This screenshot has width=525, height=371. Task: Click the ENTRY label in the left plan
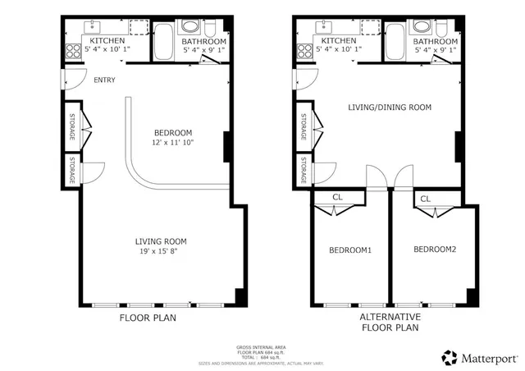pos(104,80)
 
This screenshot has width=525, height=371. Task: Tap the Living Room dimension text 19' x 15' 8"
pos(161,251)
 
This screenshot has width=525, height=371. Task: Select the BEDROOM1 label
pos(350,250)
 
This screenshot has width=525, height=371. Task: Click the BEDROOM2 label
pos(434,250)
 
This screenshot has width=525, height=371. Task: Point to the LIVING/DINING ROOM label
pos(390,108)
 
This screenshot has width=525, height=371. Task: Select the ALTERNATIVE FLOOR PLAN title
pos(390,323)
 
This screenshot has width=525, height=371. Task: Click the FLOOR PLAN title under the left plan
pos(148,318)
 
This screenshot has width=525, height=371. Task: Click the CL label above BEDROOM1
pos(337,197)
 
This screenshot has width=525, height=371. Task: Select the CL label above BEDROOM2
pos(426,199)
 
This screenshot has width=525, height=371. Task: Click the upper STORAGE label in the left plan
pos(72,126)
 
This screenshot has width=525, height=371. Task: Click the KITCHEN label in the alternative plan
pos(338,40)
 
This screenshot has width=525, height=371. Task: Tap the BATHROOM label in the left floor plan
pos(203,41)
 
